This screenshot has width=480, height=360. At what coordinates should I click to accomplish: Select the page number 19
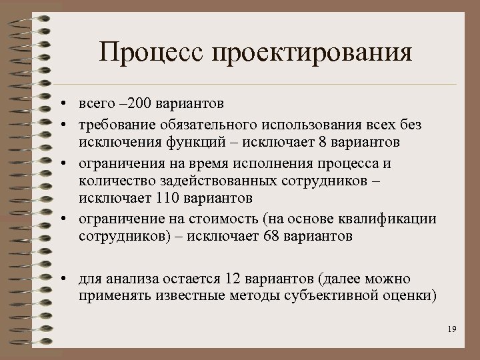(452, 329)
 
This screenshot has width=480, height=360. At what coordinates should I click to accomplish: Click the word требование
(115, 124)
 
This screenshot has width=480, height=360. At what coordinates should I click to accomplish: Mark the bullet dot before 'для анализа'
(61, 278)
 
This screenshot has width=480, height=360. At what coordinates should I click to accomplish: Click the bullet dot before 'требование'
(61, 124)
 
